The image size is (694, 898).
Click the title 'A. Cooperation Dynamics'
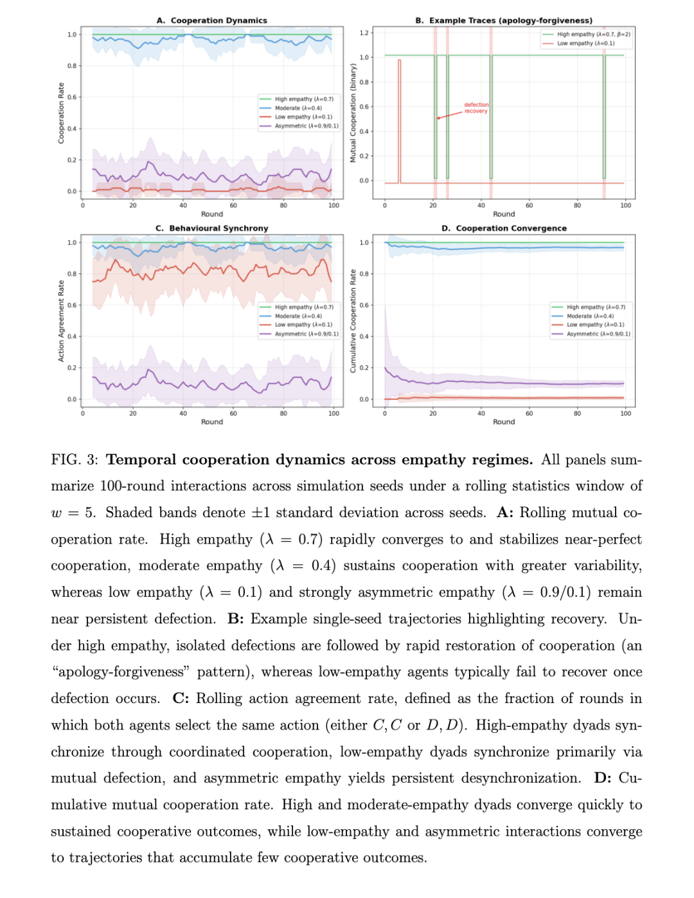tap(212, 21)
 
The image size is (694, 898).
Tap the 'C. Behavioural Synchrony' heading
tap(212, 228)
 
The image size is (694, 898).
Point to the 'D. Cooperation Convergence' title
tap(504, 228)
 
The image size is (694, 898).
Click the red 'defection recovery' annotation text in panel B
tap(476, 107)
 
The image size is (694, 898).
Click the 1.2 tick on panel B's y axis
tap(364, 33)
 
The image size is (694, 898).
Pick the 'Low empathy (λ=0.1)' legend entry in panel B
tap(585, 43)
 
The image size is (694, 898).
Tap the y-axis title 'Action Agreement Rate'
tap(61, 320)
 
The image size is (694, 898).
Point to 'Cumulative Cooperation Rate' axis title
tap(353, 320)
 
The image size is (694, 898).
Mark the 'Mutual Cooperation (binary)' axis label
tap(353, 113)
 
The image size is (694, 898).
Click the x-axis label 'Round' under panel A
tap(212, 214)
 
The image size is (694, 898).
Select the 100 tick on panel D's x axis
tap(625, 414)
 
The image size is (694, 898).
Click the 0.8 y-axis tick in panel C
tap(72, 274)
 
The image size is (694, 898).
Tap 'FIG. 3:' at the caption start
tap(75, 460)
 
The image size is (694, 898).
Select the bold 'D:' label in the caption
tap(603, 778)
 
